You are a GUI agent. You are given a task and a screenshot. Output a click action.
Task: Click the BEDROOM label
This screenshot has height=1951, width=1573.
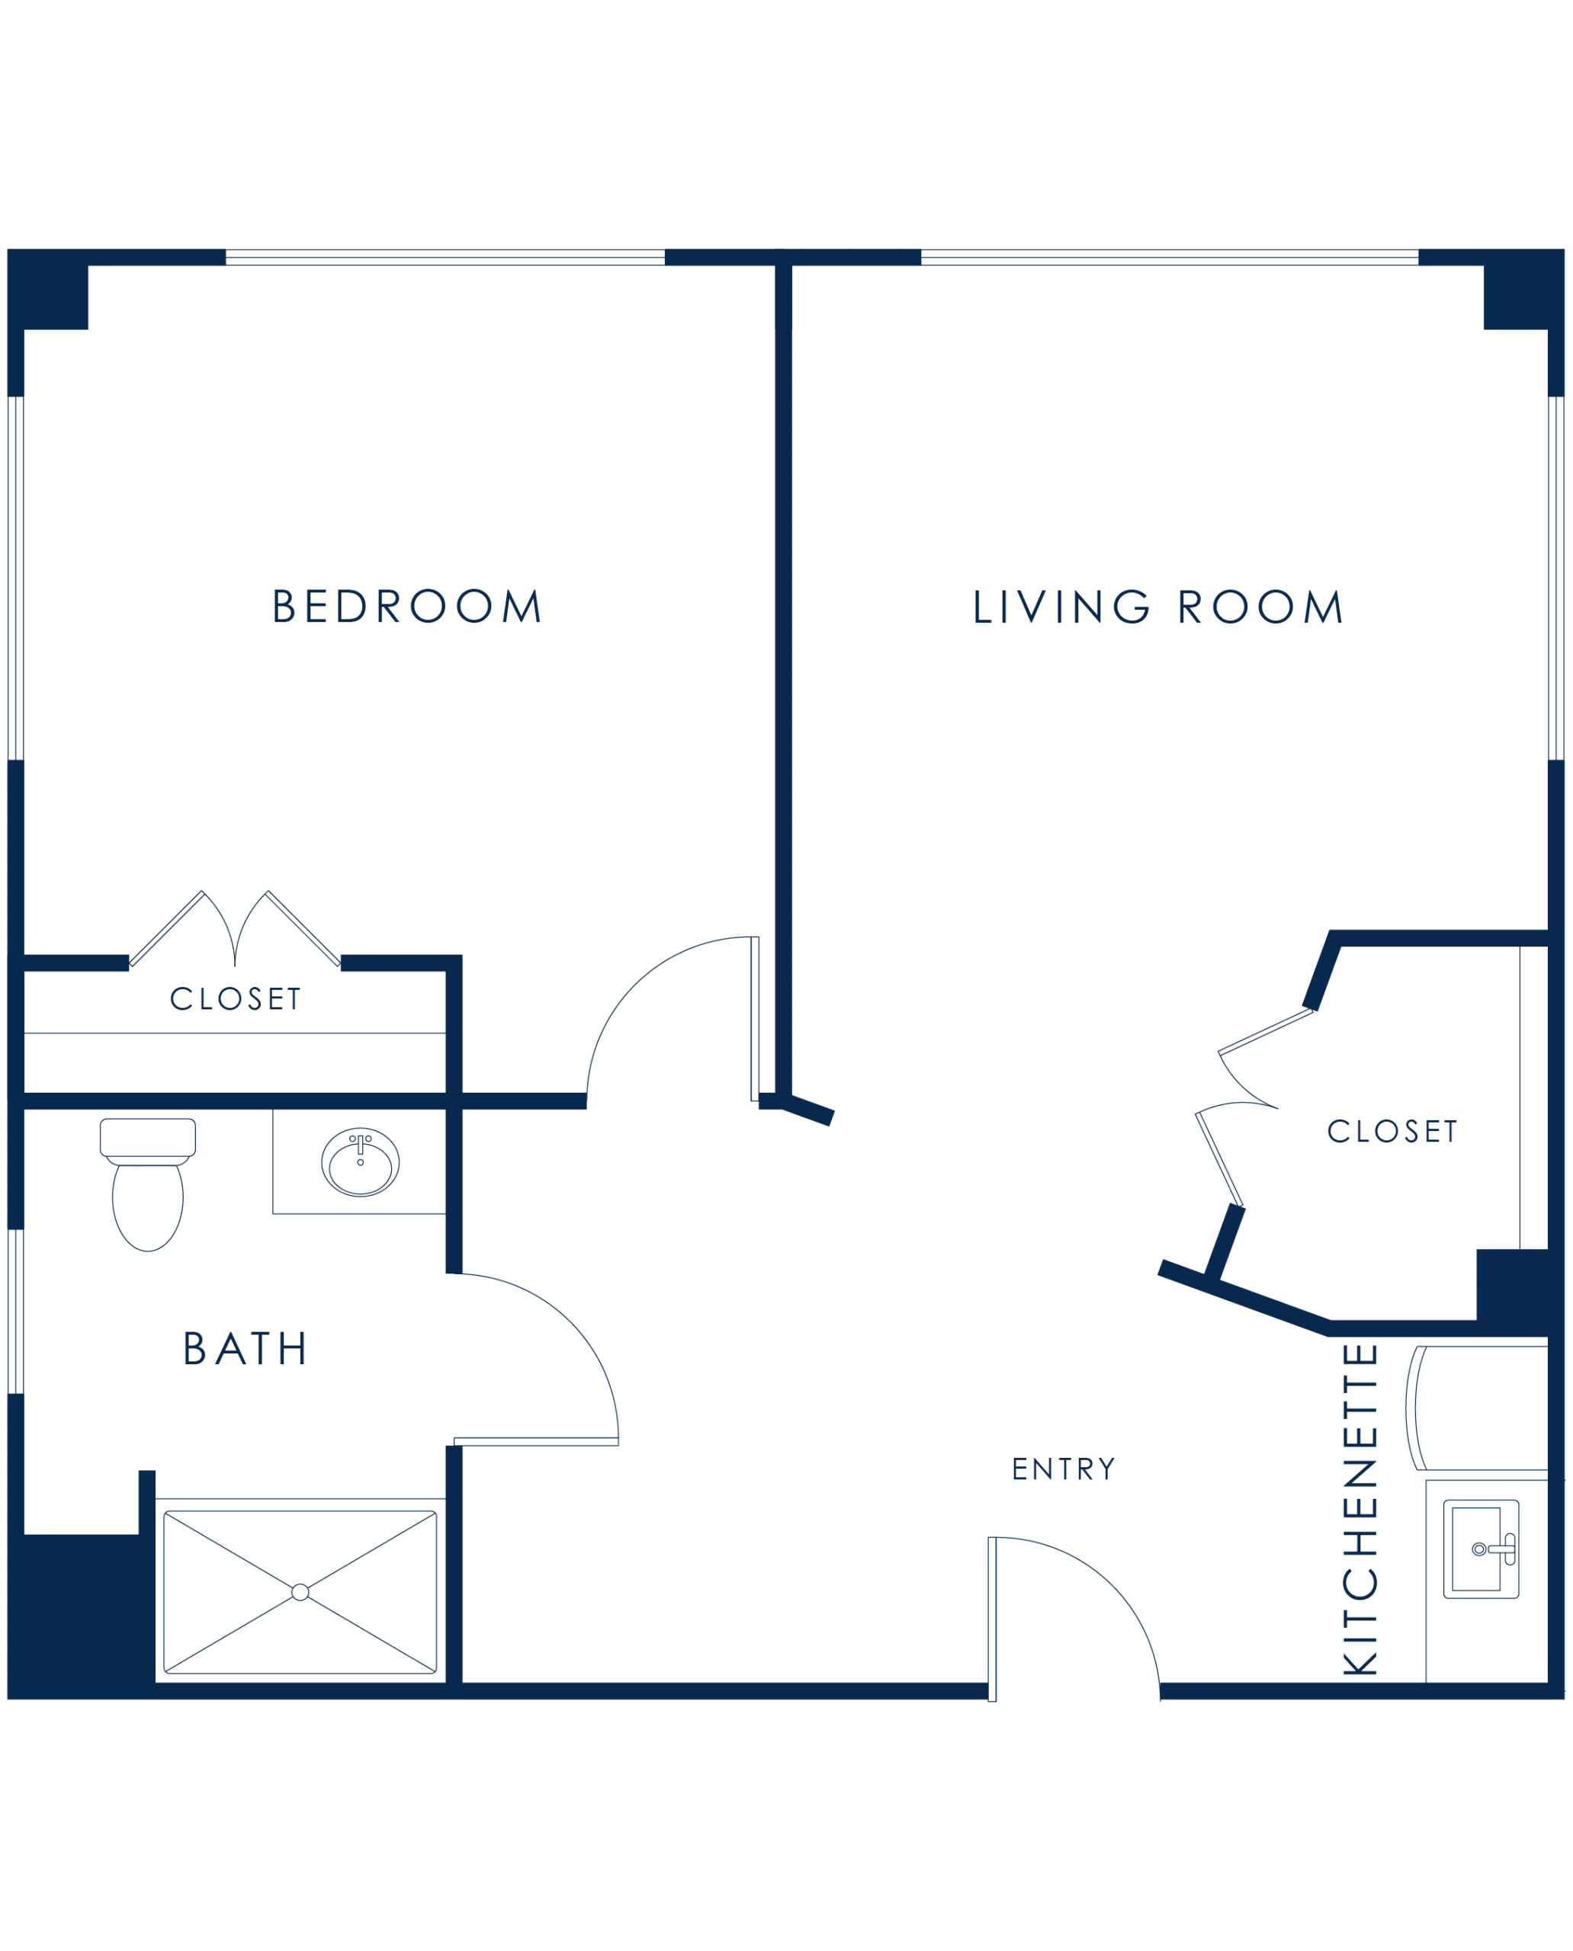(x=407, y=606)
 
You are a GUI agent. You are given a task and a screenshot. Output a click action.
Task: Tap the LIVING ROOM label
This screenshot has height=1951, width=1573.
(x=1157, y=607)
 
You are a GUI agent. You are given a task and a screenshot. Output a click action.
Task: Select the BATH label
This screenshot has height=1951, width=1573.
(x=246, y=1349)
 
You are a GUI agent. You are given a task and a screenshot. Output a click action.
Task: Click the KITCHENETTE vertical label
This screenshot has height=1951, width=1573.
(x=1360, y=1508)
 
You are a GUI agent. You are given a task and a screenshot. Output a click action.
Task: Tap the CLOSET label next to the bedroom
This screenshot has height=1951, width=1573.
(x=236, y=998)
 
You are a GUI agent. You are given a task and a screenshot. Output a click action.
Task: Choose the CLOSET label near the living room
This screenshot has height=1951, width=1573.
(x=1392, y=1131)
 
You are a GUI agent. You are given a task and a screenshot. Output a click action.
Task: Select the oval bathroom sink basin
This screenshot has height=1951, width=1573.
(x=361, y=1163)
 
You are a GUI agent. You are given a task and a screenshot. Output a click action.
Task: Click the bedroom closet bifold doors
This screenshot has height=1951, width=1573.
(x=235, y=928)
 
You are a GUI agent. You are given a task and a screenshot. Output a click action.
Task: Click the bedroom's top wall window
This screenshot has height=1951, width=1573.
(x=445, y=258)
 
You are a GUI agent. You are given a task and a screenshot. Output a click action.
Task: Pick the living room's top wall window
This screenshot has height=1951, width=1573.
(x=1170, y=258)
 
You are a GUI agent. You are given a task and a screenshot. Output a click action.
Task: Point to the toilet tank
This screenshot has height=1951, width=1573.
(x=148, y=1137)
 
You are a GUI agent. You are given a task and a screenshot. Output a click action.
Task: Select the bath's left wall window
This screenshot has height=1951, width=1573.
(x=15, y=1312)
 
